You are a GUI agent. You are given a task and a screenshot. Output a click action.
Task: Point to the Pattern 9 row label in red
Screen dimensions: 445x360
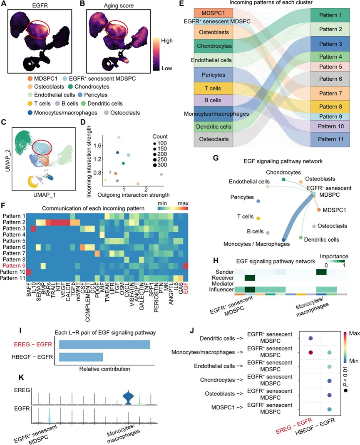click(15, 265)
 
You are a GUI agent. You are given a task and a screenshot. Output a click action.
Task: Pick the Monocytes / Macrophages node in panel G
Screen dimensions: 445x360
click(283, 240)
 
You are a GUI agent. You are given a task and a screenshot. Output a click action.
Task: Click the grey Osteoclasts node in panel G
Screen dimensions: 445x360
click(313, 226)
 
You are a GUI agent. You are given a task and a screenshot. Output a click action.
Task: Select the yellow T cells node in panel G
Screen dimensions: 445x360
click(258, 218)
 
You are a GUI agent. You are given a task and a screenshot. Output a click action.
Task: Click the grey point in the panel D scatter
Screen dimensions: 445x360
click(161, 174)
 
